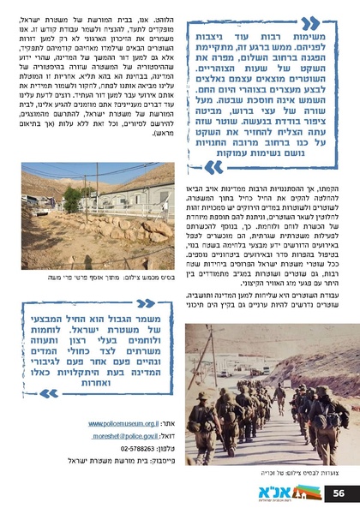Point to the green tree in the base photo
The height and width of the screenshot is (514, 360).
(x=73, y=198)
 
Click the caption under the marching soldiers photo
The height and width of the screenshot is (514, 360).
(x=269, y=472)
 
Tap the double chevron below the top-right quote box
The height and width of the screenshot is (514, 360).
(x=215, y=165)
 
